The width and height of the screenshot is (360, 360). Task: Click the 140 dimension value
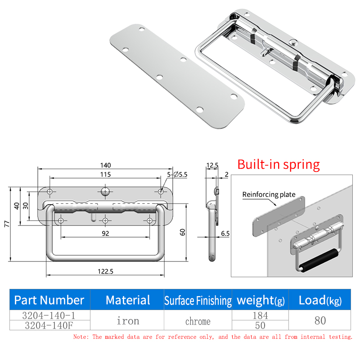[x=105, y=165]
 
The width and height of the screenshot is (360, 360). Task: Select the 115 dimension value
[x=105, y=175]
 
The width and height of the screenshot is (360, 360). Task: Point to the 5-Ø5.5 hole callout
[x=177, y=175]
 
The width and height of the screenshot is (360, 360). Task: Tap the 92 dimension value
[x=105, y=234]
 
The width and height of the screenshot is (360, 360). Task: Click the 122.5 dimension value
[x=105, y=271]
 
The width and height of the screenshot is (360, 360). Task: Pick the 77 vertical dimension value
[x=7, y=224]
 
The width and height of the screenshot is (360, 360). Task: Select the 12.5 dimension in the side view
[x=212, y=165]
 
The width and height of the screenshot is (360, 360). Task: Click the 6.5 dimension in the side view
[x=225, y=234]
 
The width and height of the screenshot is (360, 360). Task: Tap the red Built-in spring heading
[x=279, y=165]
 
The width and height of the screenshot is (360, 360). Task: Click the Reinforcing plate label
[x=269, y=194]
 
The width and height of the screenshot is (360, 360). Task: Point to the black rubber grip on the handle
[x=319, y=261]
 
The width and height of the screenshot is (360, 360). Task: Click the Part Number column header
[x=49, y=300]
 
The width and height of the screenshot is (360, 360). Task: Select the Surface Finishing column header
[x=198, y=301]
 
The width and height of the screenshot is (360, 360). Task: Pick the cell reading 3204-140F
[x=49, y=325]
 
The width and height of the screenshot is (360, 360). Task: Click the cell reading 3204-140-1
[x=49, y=315]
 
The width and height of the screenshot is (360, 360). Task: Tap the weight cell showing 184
[x=261, y=315]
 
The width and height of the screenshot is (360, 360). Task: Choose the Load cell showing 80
[x=320, y=320]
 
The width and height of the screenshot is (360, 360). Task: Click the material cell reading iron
[x=128, y=320]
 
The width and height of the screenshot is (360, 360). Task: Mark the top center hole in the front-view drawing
[x=105, y=192]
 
